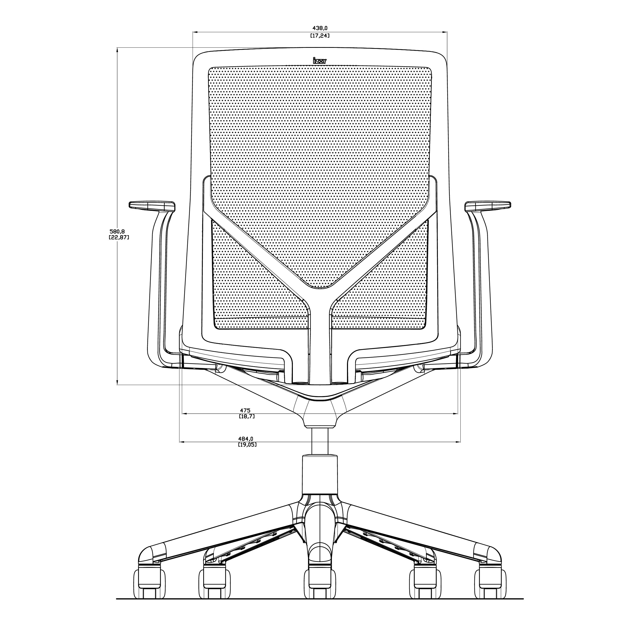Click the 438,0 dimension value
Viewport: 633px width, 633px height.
(320, 29)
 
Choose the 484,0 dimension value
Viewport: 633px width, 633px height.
(246, 439)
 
